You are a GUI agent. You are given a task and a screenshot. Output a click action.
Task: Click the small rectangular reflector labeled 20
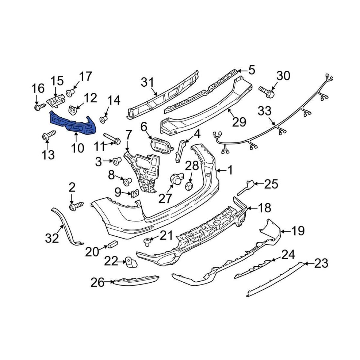tap(112, 244)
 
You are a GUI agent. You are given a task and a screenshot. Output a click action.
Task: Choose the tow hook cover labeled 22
tap(130, 262)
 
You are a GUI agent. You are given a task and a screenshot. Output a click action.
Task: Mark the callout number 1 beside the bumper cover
tap(230, 171)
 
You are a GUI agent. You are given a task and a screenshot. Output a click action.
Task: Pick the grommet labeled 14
tap(104, 119)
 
